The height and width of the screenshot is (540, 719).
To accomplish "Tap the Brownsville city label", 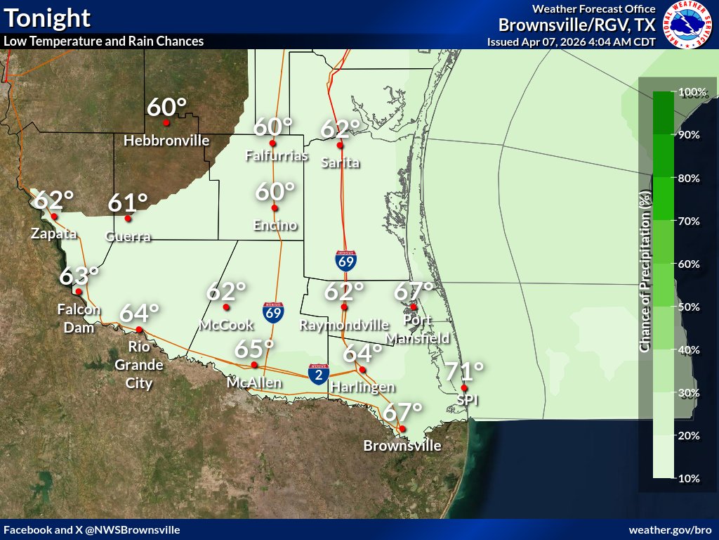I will pyautogui.click(x=402, y=446).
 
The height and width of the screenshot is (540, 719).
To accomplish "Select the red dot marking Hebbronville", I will pyautogui.click(x=166, y=123).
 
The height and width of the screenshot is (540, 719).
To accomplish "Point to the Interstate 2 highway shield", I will pyautogui.click(x=319, y=374).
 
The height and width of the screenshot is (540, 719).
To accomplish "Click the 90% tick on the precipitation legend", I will pyautogui.click(x=688, y=134).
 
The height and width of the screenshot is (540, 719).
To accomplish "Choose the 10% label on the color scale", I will pyautogui.click(x=688, y=479).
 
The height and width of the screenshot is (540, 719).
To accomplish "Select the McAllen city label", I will pyautogui.click(x=254, y=382).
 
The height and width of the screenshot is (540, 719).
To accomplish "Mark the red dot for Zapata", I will pyautogui.click(x=53, y=217).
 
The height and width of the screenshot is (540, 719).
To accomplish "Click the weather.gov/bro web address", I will pyautogui.click(x=671, y=529).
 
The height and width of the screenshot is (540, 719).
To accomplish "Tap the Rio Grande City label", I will pyautogui.click(x=139, y=365).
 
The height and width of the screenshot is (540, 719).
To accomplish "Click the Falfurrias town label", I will pyautogui.click(x=277, y=156).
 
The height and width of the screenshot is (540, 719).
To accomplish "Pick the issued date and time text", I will pyautogui.click(x=571, y=41).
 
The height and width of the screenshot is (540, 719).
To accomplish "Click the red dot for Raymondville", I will pyautogui.click(x=344, y=307).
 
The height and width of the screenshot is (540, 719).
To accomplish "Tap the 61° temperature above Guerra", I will pyautogui.click(x=128, y=203).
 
